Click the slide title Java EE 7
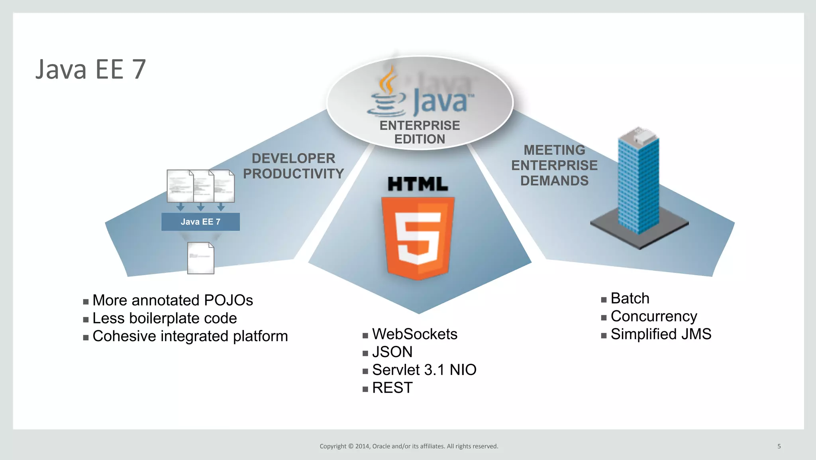click(90, 70)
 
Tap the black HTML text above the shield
click(418, 184)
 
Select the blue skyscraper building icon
click(638, 182)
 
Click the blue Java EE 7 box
click(200, 222)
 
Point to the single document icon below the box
click(200, 258)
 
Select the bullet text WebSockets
click(414, 334)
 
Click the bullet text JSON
click(392, 352)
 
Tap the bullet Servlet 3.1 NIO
click(424, 370)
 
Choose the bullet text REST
click(392, 388)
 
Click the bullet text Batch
click(630, 298)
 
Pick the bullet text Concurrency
click(653, 316)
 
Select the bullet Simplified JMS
click(661, 334)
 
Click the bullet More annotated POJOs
click(173, 300)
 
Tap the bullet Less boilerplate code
click(165, 318)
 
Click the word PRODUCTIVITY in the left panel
click(293, 174)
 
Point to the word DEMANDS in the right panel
click(554, 181)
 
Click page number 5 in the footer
click(779, 446)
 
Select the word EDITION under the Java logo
click(420, 139)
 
